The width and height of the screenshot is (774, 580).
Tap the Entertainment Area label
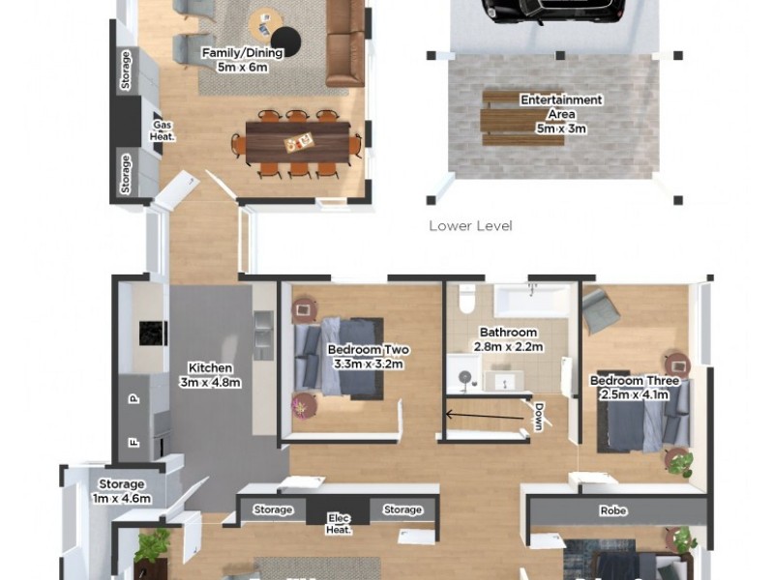tap(561, 113)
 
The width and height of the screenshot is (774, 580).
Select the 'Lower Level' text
tap(470, 226)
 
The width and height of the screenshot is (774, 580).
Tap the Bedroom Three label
tap(635, 388)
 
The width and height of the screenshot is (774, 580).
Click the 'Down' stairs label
tap(539, 416)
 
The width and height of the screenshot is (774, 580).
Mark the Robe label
tap(614, 511)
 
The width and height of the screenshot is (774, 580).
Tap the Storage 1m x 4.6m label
tap(122, 491)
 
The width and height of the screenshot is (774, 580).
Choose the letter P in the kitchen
tap(134, 397)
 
